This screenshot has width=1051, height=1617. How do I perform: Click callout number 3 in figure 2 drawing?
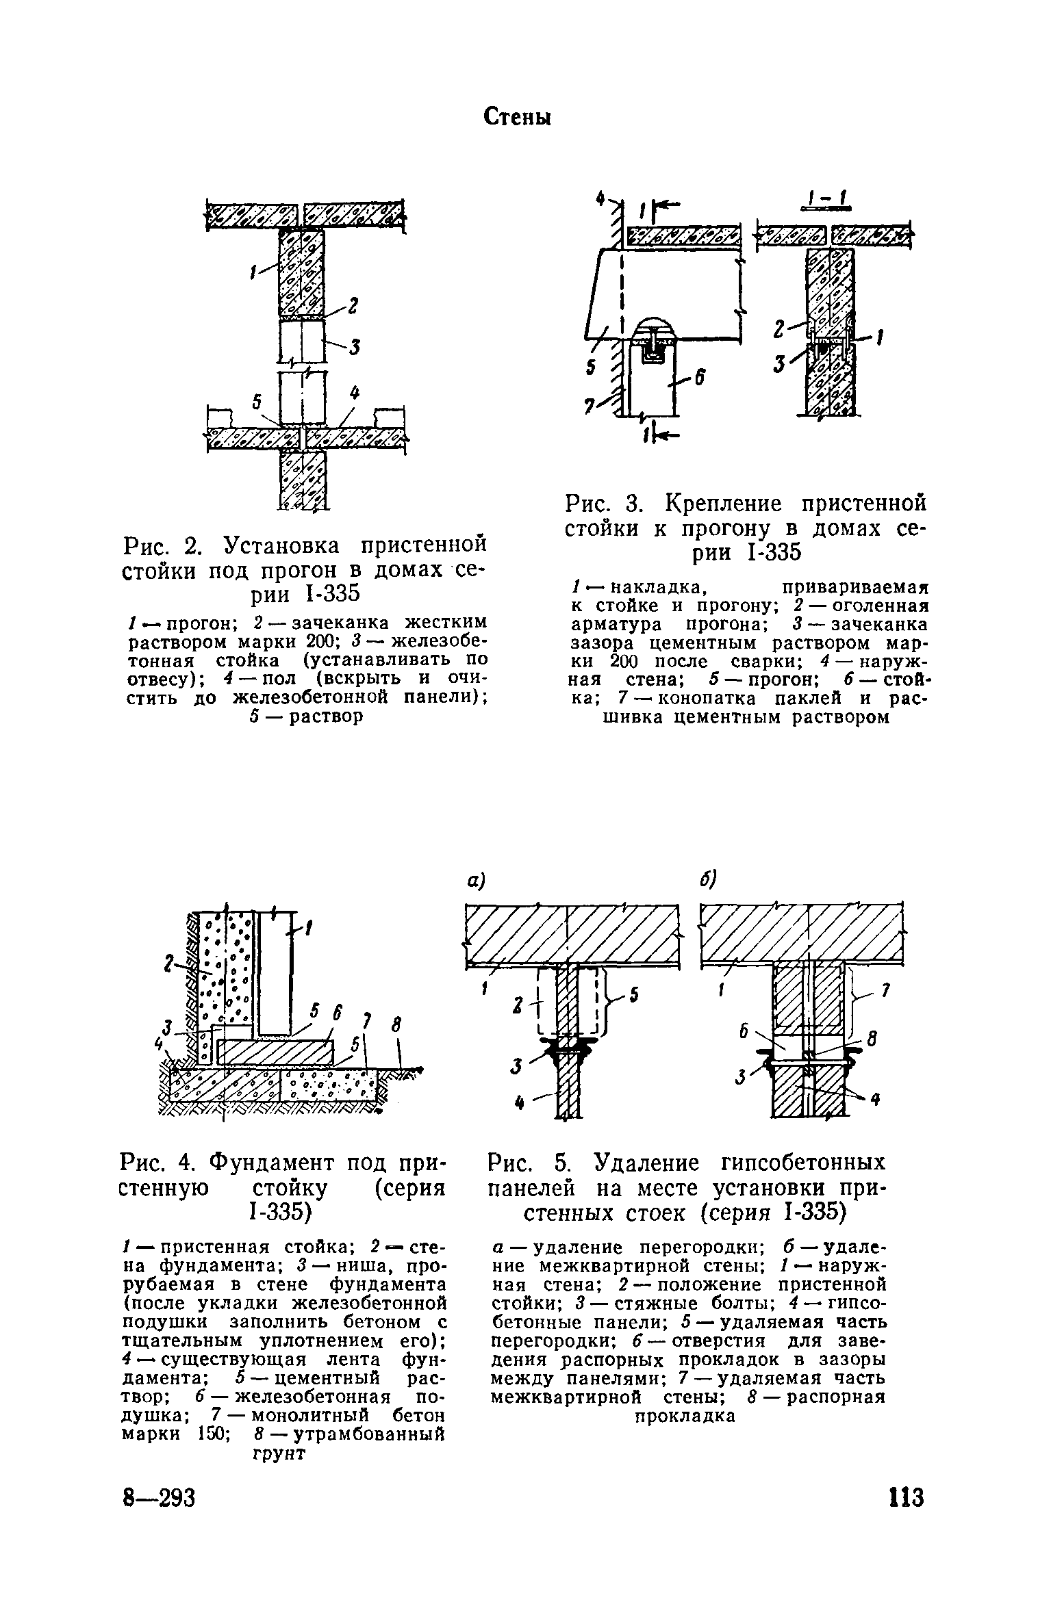355,348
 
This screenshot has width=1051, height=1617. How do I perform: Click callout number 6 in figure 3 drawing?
700,377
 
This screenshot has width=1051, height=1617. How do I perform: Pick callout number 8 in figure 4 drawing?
395,1024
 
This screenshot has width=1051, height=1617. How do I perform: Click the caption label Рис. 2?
164,546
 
